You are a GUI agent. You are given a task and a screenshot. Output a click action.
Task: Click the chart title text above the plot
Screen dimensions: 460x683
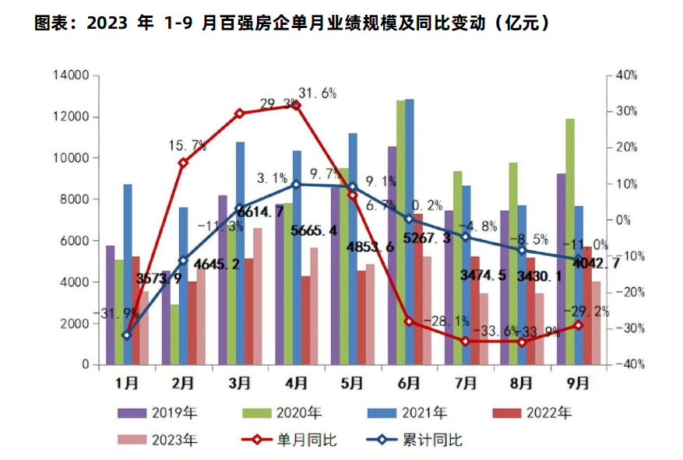click(x=295, y=23)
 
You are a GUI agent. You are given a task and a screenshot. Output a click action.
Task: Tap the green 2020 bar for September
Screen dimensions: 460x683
click(x=570, y=241)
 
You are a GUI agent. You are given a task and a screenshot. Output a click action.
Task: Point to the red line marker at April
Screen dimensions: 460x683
click(x=296, y=105)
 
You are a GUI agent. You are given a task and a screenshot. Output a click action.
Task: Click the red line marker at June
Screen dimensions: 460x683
click(x=408, y=321)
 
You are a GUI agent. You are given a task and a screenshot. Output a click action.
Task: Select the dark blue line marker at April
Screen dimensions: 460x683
click(x=296, y=184)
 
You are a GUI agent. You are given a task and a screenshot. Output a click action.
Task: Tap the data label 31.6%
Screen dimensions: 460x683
click(x=318, y=94)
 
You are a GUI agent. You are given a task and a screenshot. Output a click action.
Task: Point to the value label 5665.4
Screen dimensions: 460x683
click(x=313, y=230)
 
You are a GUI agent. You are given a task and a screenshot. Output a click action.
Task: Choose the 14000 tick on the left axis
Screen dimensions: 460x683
click(x=71, y=76)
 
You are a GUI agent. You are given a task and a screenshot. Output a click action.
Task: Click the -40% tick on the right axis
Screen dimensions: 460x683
click(x=625, y=364)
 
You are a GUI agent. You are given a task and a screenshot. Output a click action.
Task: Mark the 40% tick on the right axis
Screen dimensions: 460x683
click(x=625, y=76)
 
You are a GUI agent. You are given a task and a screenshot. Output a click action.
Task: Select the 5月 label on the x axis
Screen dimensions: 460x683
click(x=352, y=384)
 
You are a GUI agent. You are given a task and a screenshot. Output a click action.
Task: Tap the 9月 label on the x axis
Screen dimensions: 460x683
click(x=576, y=384)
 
